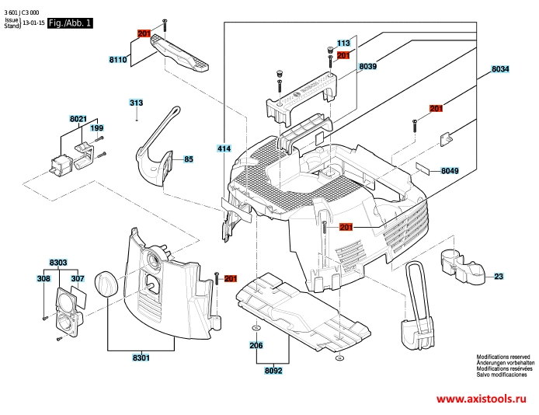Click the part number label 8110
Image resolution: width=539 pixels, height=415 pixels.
(x=118, y=60)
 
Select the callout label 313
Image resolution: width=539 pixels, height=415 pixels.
(x=136, y=103)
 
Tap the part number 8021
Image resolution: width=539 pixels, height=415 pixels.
(x=78, y=119)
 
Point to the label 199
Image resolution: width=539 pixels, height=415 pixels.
(x=96, y=128)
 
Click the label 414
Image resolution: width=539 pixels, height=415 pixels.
(x=224, y=148)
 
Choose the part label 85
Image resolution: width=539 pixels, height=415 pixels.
(x=189, y=159)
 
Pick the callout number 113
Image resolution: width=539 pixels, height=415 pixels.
(x=343, y=43)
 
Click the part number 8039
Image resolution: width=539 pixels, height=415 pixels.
(x=368, y=66)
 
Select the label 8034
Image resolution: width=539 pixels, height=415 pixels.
(x=500, y=69)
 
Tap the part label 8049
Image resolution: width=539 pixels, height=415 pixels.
(x=450, y=171)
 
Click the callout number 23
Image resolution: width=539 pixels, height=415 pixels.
(x=499, y=276)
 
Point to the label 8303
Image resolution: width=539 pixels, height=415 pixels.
(x=58, y=263)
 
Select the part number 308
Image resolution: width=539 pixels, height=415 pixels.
(x=43, y=278)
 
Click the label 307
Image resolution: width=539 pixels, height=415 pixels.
(x=78, y=278)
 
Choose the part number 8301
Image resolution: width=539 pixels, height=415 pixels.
(x=141, y=358)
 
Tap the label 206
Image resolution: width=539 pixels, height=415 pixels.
(x=256, y=345)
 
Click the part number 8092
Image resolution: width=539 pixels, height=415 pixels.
(x=273, y=371)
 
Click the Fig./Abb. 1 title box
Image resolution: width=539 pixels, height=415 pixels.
(x=70, y=23)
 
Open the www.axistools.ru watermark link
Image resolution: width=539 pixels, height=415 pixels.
(x=482, y=399)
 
